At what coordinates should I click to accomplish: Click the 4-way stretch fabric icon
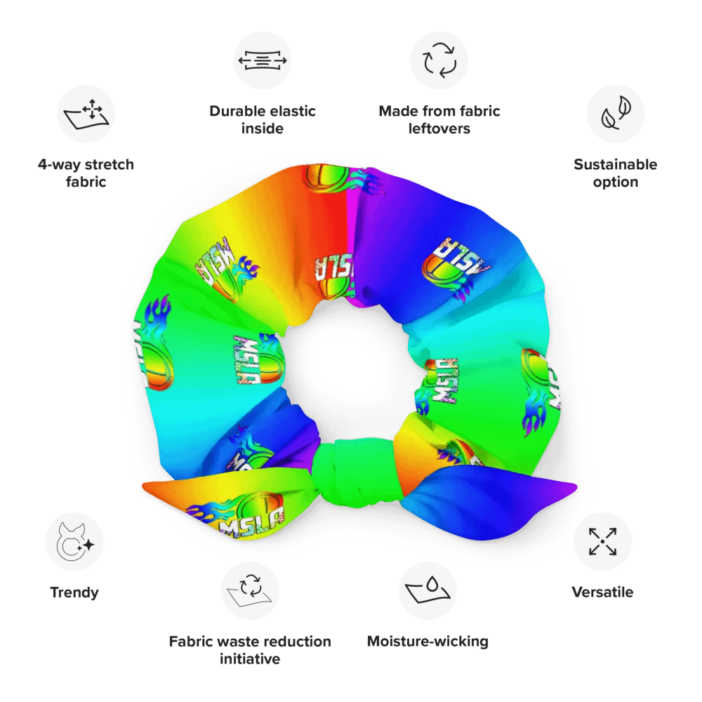click(x=86, y=114)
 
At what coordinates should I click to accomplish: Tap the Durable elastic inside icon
click(x=263, y=60)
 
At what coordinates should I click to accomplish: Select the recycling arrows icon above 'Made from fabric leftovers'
click(x=439, y=60)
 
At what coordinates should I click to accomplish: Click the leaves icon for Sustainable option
click(x=616, y=114)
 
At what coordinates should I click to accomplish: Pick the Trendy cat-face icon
click(x=74, y=541)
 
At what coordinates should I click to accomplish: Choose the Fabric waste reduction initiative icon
click(x=250, y=590)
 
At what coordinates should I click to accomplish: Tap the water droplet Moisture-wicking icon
click(x=428, y=590)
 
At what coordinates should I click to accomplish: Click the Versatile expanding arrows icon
click(x=602, y=541)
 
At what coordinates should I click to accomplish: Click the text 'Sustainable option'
click(x=616, y=173)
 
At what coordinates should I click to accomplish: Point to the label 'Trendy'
click(x=74, y=592)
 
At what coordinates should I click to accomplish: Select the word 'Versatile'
click(x=602, y=592)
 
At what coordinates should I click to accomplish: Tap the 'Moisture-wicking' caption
click(x=428, y=642)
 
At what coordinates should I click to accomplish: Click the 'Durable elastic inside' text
click(x=263, y=120)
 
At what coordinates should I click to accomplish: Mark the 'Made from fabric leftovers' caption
click(x=439, y=120)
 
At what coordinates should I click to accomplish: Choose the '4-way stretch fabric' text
click(x=86, y=173)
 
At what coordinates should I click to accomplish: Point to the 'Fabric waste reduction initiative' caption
click(x=250, y=650)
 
